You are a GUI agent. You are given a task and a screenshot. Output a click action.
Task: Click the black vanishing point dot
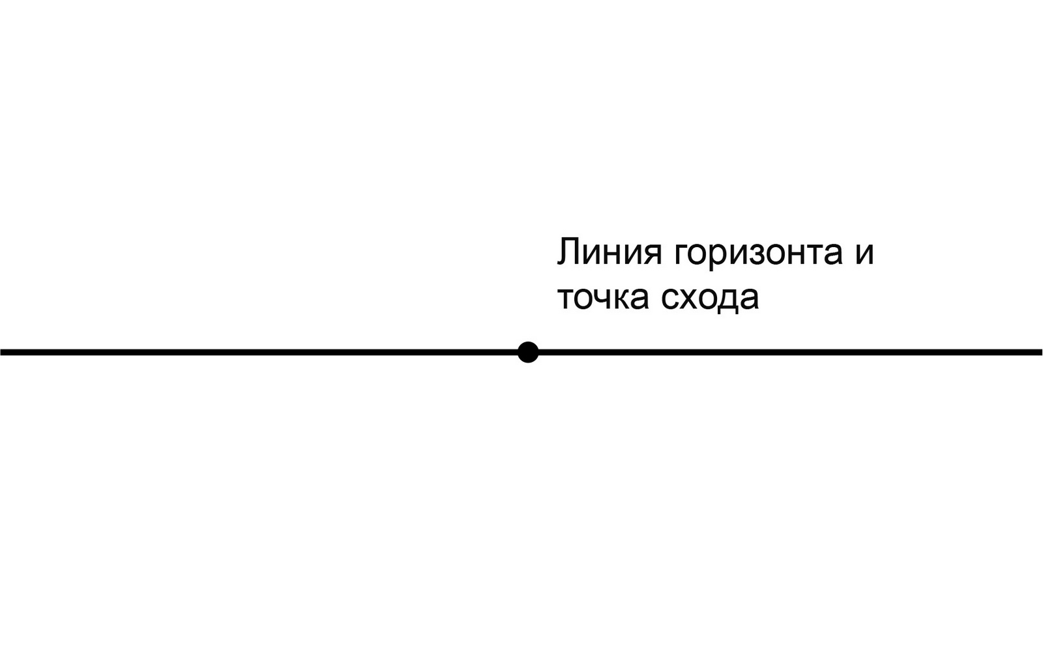528,352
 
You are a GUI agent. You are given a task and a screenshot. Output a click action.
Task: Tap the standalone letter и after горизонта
863,253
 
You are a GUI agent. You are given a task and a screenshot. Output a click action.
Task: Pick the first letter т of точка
566,298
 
